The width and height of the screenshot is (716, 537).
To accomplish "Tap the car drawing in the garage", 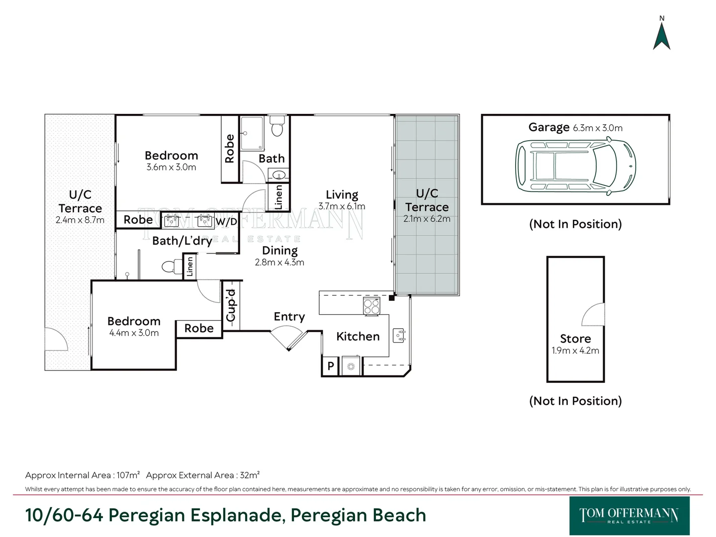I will point(575,166).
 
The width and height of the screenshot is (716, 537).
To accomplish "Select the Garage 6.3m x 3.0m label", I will point(575,128).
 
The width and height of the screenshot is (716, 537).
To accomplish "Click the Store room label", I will point(575,339).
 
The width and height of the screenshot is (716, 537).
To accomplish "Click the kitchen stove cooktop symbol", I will point(371,306).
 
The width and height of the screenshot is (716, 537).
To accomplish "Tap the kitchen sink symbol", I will point(399,336).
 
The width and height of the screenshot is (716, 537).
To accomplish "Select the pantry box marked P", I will point(330,366).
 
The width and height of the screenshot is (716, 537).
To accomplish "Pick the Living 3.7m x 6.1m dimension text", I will point(342,206).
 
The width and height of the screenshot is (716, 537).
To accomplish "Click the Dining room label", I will point(279,251).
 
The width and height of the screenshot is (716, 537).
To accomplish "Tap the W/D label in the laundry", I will point(226,221).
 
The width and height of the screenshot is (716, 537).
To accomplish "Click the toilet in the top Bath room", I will point(277,128).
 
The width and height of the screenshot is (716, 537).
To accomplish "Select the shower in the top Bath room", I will point(252,133).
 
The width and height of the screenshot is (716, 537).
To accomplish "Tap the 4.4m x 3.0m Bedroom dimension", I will point(134,333).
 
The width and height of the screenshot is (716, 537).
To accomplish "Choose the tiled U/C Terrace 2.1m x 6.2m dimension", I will point(427,219).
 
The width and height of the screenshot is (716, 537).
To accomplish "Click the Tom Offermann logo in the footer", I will point(629,516).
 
